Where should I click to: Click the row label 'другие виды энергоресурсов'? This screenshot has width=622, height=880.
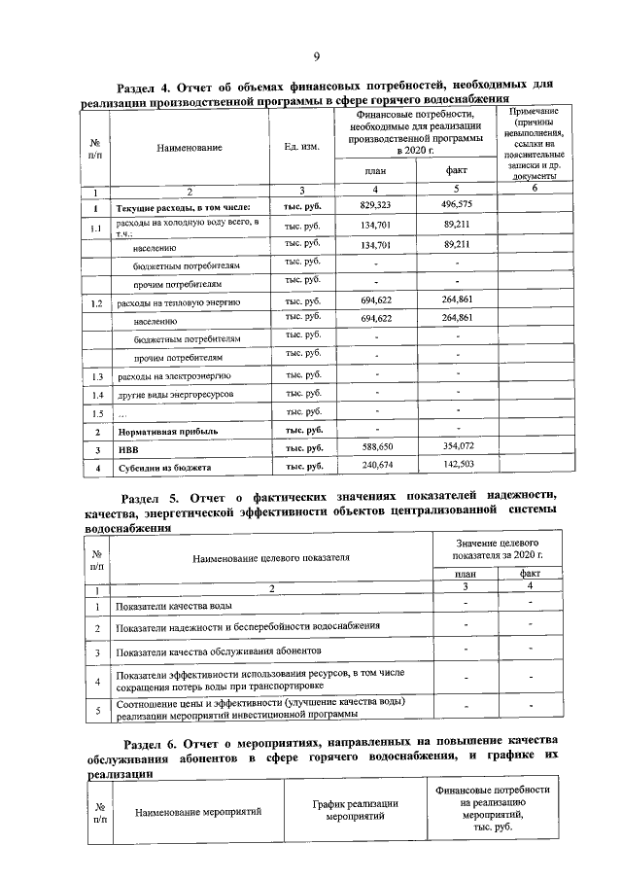click(x=174, y=394)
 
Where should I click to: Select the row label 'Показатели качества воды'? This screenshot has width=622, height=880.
click(x=173, y=607)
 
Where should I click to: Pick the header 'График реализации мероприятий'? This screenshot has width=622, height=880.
click(x=356, y=810)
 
